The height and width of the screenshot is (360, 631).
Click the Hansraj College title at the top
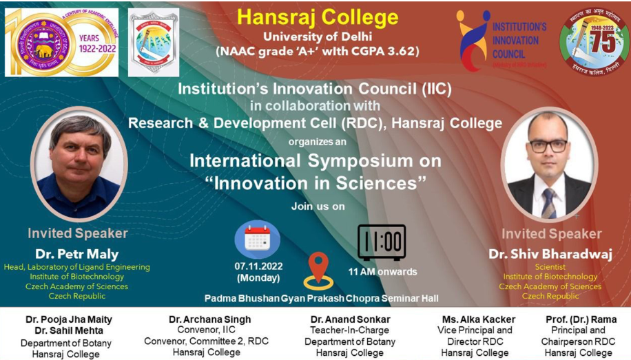click(318, 17)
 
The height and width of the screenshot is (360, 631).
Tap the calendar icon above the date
click(257, 239)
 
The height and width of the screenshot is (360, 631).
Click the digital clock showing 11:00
click(381, 242)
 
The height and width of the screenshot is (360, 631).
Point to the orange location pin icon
click(318, 269)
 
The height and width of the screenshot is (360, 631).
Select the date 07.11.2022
click(258, 266)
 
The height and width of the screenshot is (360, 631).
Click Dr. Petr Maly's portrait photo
click(79, 165)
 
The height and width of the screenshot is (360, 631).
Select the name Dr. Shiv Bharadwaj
click(550, 254)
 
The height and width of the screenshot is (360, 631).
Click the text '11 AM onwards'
click(382, 271)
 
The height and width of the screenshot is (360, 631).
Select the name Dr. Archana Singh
click(210, 319)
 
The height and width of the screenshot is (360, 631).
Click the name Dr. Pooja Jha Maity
click(69, 319)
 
